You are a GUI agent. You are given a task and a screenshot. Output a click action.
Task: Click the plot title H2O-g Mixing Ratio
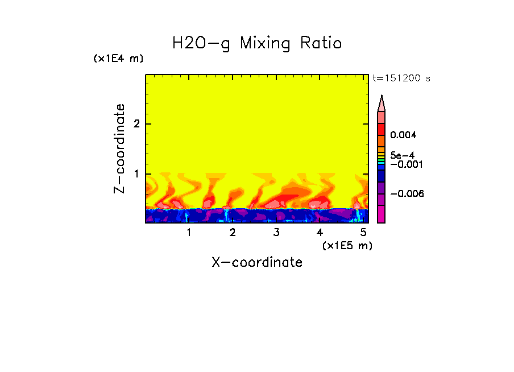point(256,43)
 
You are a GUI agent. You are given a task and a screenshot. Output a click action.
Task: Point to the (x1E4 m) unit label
point(118,59)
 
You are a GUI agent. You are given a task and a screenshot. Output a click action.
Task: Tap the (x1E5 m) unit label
point(347,245)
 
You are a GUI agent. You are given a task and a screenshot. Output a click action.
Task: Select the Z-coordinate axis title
point(119,148)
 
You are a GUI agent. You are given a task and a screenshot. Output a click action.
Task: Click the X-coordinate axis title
point(257,262)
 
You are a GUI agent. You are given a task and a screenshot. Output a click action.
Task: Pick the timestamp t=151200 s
point(401,78)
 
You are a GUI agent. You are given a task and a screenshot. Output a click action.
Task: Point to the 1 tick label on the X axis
point(189,233)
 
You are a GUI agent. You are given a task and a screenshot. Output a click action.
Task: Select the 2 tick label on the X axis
point(233,233)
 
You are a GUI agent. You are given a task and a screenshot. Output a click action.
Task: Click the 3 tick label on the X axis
point(276,233)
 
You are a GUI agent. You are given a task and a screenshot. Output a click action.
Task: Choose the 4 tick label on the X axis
point(320,233)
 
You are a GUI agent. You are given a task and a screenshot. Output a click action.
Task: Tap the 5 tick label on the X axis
point(363,233)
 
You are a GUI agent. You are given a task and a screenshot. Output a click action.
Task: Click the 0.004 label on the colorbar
point(403,135)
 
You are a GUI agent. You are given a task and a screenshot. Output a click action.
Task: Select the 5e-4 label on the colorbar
point(402,155)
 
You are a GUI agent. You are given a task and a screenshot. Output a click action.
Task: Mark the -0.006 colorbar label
point(407,193)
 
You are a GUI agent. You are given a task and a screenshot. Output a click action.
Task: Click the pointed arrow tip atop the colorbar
point(382,102)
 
